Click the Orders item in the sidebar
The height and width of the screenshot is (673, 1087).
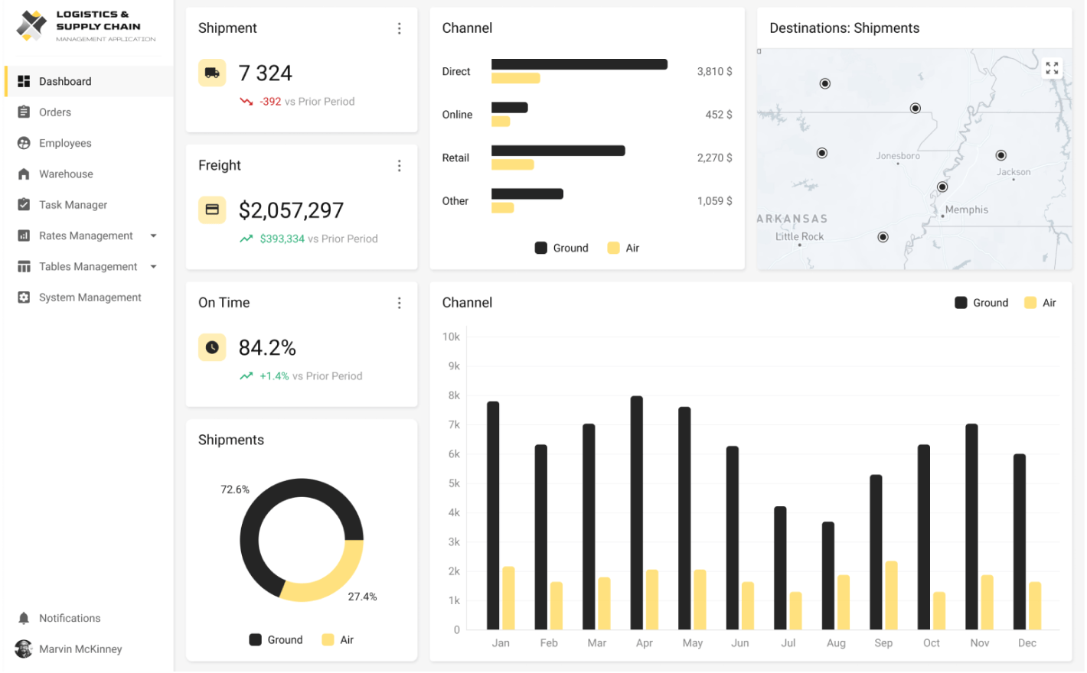[54, 112]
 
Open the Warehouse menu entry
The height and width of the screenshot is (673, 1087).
[66, 174]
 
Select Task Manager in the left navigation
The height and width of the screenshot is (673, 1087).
[73, 205]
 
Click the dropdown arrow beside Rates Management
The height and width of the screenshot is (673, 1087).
[154, 236]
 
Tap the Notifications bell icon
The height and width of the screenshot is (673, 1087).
[24, 619]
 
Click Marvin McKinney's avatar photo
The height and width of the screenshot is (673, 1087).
[24, 649]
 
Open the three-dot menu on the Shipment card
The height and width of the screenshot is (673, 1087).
[399, 28]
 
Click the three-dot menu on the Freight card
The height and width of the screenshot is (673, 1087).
[399, 166]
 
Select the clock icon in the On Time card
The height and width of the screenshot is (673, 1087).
[212, 347]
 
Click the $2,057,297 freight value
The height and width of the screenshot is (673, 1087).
[291, 210]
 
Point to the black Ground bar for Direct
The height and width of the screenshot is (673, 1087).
[579, 64]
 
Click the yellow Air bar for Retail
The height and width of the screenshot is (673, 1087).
[512, 165]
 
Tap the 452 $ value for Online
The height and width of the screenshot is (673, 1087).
[718, 115]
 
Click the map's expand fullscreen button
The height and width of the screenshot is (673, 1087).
[1052, 68]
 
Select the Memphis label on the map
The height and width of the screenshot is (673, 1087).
[966, 210]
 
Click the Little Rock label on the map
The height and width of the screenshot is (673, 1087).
[799, 237]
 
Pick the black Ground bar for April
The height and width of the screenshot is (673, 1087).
[637, 512]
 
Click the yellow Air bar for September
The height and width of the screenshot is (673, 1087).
[891, 596]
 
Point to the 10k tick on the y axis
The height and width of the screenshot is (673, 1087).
[451, 337]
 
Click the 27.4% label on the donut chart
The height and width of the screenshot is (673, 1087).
[362, 597]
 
